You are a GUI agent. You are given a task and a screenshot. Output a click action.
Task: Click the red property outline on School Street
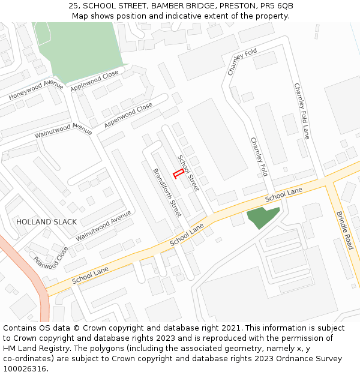[178, 175]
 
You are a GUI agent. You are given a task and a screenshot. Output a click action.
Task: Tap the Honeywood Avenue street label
[36, 90]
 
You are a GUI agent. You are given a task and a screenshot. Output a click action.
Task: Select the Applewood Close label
[94, 82]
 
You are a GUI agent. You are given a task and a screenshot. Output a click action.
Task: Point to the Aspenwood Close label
[128, 115]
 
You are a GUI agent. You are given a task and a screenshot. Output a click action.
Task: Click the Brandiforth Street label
[167, 192]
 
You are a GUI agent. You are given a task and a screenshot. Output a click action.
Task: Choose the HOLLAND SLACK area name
[46, 222]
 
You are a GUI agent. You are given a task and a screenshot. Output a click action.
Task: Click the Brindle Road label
[345, 230]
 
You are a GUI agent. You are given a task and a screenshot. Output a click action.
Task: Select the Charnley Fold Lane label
[301, 111]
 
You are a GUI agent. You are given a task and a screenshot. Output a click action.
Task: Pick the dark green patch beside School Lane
[262, 217]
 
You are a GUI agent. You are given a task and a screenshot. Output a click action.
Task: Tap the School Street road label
[188, 173]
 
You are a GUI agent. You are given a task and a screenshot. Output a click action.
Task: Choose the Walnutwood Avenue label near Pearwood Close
[103, 226]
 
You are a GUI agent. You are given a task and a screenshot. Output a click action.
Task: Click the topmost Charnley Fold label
[242, 62]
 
